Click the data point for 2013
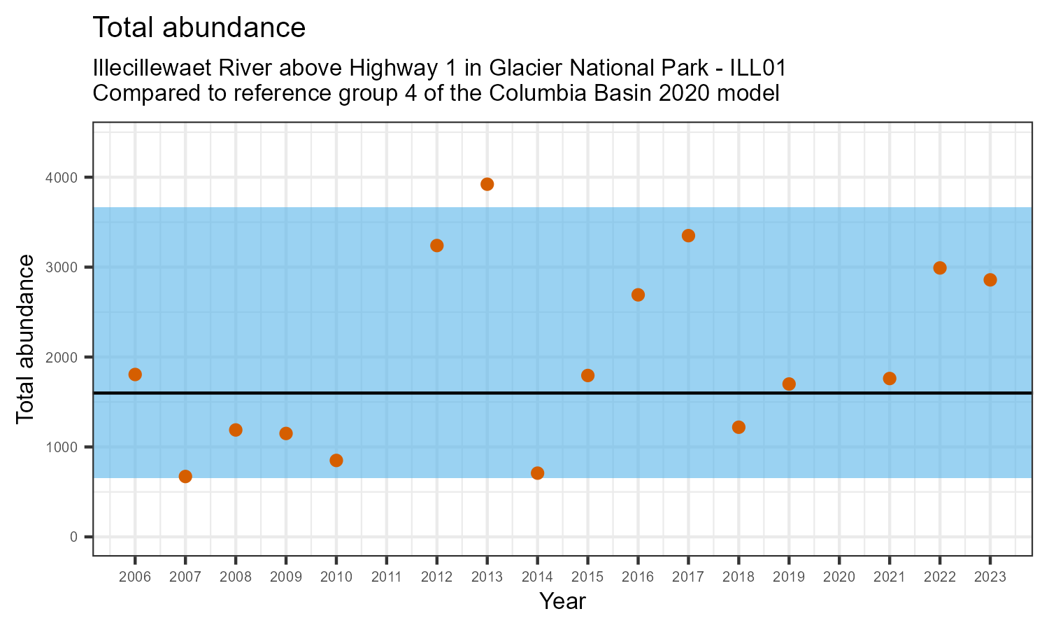coord(487,184)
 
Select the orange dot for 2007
coord(185,477)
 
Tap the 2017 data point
coord(688,236)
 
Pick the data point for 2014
coord(537,473)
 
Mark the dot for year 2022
coord(940,268)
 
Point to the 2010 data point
coord(336,461)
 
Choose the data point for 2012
coord(437,246)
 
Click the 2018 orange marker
coord(738,428)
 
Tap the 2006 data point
coord(135,374)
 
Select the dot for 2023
coord(990,280)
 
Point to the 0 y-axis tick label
coord(73,537)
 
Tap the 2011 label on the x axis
coord(387,577)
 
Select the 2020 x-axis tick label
coord(839,577)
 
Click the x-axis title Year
coord(562,601)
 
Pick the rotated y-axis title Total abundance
coord(25,339)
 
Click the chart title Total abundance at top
coord(199,28)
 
